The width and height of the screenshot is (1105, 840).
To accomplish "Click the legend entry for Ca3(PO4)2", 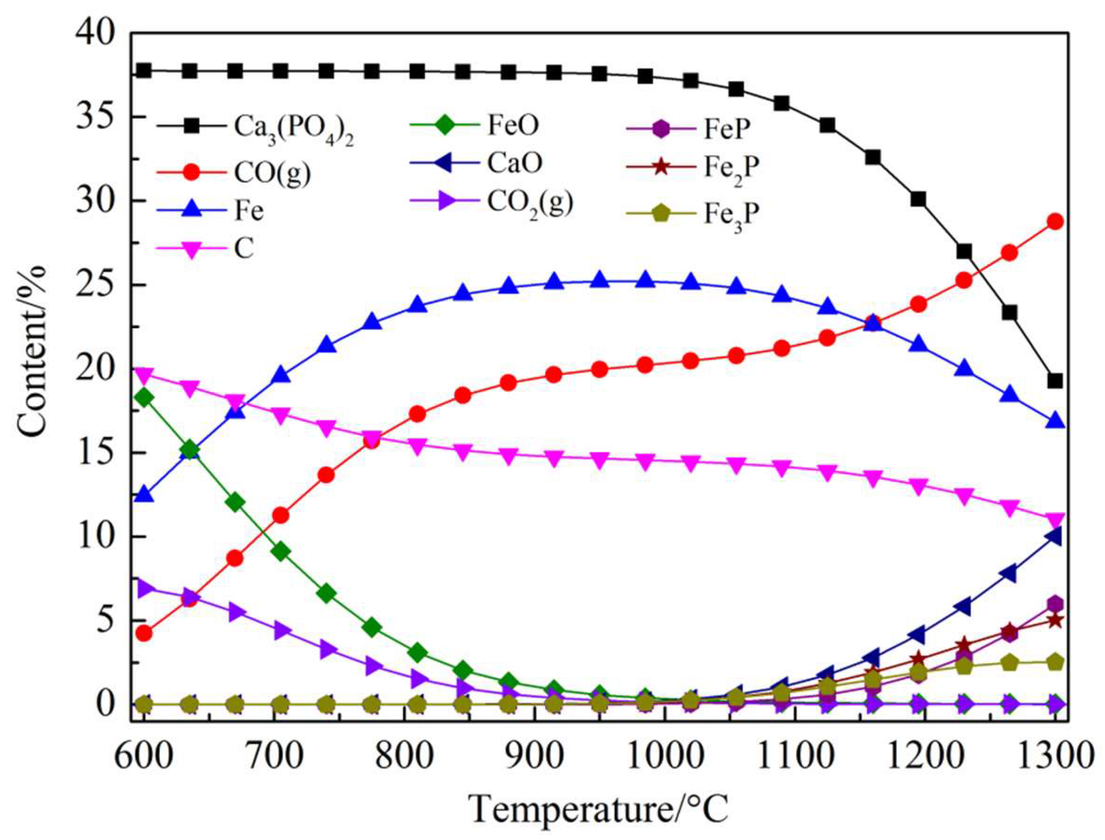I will pos(294,128).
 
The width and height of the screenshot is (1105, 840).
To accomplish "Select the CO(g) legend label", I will pos(272,173).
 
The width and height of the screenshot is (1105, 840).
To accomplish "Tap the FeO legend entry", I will pos(513,125).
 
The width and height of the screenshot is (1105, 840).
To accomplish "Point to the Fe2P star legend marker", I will pos(661,166).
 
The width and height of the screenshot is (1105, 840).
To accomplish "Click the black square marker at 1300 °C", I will pos(1055,381).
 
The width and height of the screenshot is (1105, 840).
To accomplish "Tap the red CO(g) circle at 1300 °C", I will pos(1055,222).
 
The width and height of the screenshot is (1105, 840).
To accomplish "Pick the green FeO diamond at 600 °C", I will pos(144,398).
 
